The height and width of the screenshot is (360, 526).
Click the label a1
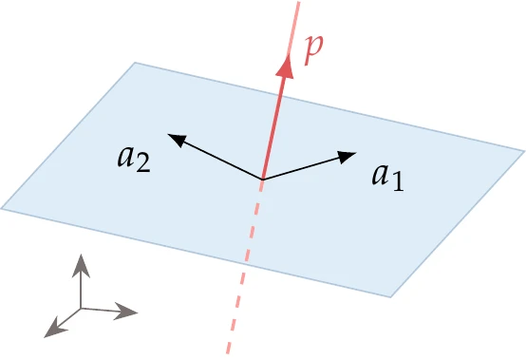pyautogui.click(x=387, y=176)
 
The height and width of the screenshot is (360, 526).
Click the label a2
pyautogui.click(x=132, y=157)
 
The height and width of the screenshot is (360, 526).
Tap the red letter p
pyautogui.click(x=312, y=50)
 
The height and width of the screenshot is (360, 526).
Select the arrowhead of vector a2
pyautogui.click(x=176, y=139)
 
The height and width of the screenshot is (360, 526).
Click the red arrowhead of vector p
pyautogui.click(x=283, y=63)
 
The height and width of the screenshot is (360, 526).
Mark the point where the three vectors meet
pyautogui.click(x=262, y=179)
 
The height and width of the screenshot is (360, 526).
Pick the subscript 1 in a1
pyautogui.click(x=398, y=182)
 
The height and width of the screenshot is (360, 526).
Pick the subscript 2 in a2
pyautogui.click(x=142, y=162)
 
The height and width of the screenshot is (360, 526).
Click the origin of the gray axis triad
pyautogui.click(x=82, y=308)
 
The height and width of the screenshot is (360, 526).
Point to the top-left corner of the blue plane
pyautogui.click(x=135, y=64)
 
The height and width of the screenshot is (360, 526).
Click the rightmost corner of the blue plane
pyautogui.click(x=523, y=149)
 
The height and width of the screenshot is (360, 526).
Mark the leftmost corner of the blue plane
pyautogui.click(x=3, y=208)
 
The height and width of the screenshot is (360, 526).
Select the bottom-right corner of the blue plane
pyautogui.click(x=391, y=295)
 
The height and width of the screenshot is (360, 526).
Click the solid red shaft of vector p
pyautogui.click(x=272, y=123)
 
